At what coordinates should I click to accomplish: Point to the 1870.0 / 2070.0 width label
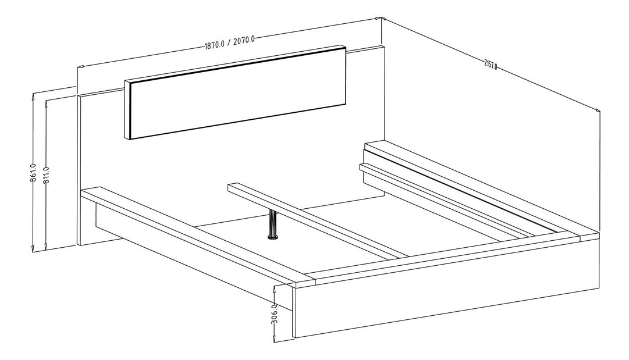229,42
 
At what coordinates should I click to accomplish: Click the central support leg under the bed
272,224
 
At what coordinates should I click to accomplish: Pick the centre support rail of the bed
314,222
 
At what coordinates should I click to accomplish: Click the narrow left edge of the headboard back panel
79,169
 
